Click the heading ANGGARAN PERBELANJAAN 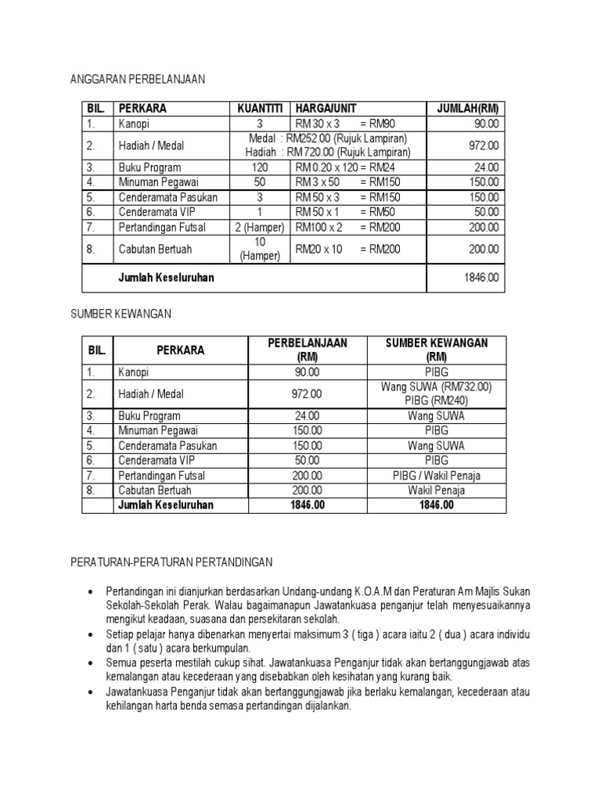(x=137, y=79)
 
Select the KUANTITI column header (x=258, y=109)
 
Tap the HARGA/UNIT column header (x=324, y=109)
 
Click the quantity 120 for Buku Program (x=259, y=167)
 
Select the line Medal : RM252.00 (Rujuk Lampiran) (x=328, y=138)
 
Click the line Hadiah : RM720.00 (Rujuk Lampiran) (x=328, y=152)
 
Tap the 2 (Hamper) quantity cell (x=259, y=228)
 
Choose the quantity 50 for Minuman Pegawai (x=259, y=182)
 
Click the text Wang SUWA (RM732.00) (x=435, y=387)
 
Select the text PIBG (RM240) (x=435, y=400)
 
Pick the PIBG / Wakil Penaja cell (x=436, y=475)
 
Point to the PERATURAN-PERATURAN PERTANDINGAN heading (x=171, y=562)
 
